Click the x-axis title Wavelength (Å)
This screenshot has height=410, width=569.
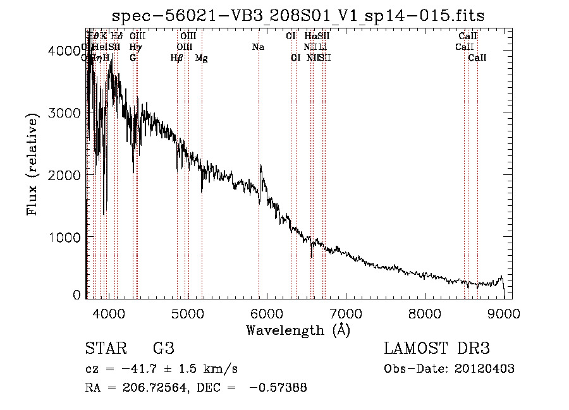point(298,330)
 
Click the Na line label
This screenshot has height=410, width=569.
point(258,47)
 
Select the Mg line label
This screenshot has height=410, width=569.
point(201,57)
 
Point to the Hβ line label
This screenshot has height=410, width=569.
point(176,57)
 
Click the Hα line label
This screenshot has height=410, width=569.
point(310,37)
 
